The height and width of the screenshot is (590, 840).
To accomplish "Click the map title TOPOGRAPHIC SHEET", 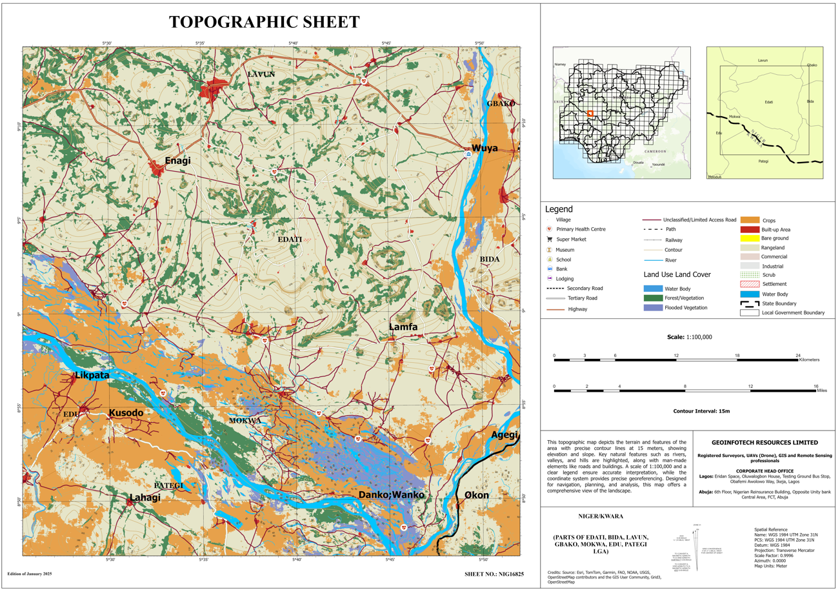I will (x=264, y=22).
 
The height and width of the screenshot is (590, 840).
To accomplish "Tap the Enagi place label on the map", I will (x=177, y=161).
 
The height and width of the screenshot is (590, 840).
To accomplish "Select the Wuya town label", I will (x=485, y=148).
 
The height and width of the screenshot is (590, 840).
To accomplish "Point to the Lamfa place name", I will (x=403, y=327).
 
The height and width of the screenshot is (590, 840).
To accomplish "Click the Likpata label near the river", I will (x=92, y=375).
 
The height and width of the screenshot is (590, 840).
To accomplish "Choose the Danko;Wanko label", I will (x=391, y=494).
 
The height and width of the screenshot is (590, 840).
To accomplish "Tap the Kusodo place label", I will (x=126, y=412).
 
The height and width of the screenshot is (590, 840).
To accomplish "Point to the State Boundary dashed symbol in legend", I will (x=749, y=303).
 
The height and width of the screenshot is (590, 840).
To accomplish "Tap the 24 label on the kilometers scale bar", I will (x=797, y=356).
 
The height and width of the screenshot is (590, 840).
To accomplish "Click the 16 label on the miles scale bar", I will (x=815, y=386).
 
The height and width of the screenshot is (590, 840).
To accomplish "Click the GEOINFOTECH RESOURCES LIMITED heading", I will (x=765, y=442).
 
